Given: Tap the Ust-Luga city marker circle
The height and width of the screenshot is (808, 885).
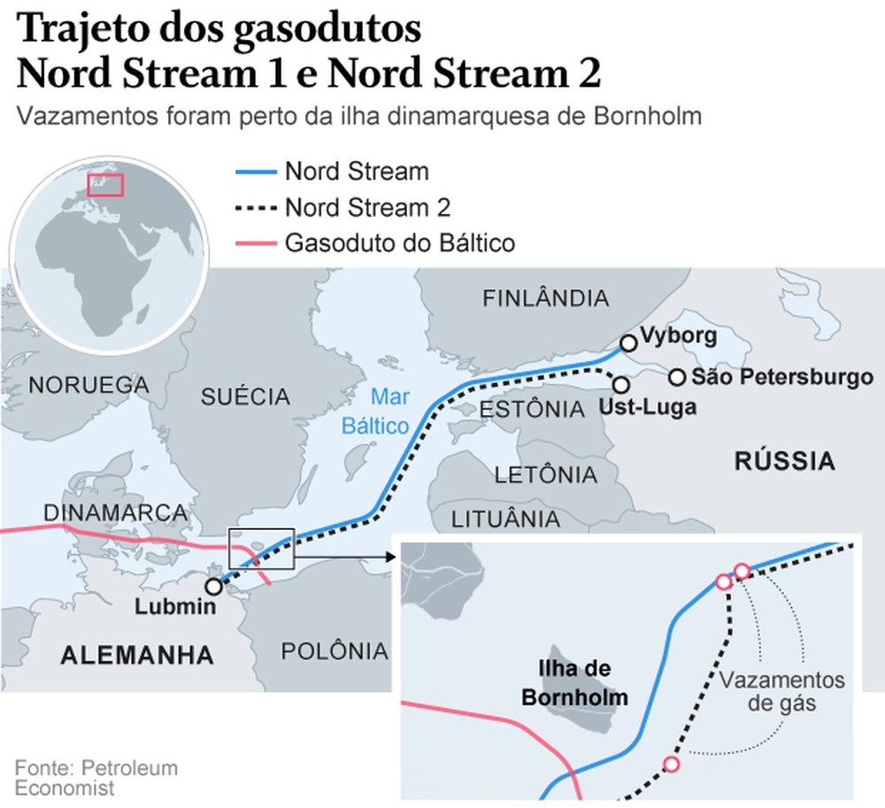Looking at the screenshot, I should (x=620, y=385).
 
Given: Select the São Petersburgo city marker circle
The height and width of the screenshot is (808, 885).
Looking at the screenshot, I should (x=677, y=378).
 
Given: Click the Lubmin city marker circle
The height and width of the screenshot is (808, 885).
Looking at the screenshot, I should (x=213, y=586).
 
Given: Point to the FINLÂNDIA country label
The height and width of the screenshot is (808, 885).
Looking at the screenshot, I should (x=545, y=298).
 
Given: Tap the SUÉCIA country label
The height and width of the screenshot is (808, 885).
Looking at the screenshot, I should (x=245, y=396).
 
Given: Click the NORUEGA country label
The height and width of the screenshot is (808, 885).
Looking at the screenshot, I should (x=88, y=385).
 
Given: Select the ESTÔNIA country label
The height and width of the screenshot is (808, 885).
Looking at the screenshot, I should (x=531, y=410).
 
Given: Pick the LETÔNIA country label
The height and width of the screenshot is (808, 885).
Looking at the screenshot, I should (x=545, y=475).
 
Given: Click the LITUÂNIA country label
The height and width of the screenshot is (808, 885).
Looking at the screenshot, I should (x=506, y=519).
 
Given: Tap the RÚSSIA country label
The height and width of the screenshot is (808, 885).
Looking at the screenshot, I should (x=784, y=461).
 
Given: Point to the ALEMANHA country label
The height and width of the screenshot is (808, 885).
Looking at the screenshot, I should (x=137, y=655).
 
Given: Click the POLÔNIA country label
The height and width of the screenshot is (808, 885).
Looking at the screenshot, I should (x=335, y=651).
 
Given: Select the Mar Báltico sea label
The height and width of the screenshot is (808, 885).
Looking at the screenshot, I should (x=389, y=412).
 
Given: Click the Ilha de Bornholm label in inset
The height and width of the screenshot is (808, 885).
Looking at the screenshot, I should (x=574, y=683).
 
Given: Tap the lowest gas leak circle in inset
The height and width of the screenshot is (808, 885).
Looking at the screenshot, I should (x=672, y=765).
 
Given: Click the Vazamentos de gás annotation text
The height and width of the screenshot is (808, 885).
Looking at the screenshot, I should (x=781, y=693).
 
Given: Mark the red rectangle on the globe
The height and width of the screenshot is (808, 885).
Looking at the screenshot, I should (x=105, y=185).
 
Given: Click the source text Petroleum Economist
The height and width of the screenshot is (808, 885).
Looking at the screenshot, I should (x=96, y=777).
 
